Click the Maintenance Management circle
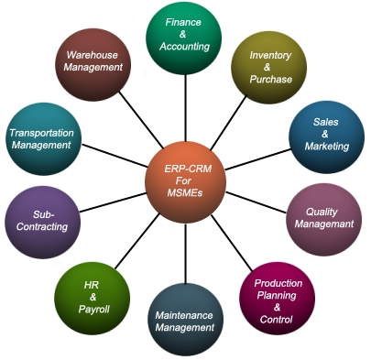(x=183, y=321)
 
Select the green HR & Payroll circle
(x=92, y=298)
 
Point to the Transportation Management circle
(x=43, y=137)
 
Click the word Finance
(x=183, y=21)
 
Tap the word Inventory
(x=270, y=54)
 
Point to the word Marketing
(x=327, y=146)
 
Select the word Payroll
(x=93, y=310)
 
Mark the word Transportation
(x=40, y=132)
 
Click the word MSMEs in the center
(x=183, y=191)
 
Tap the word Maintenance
(x=184, y=316)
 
